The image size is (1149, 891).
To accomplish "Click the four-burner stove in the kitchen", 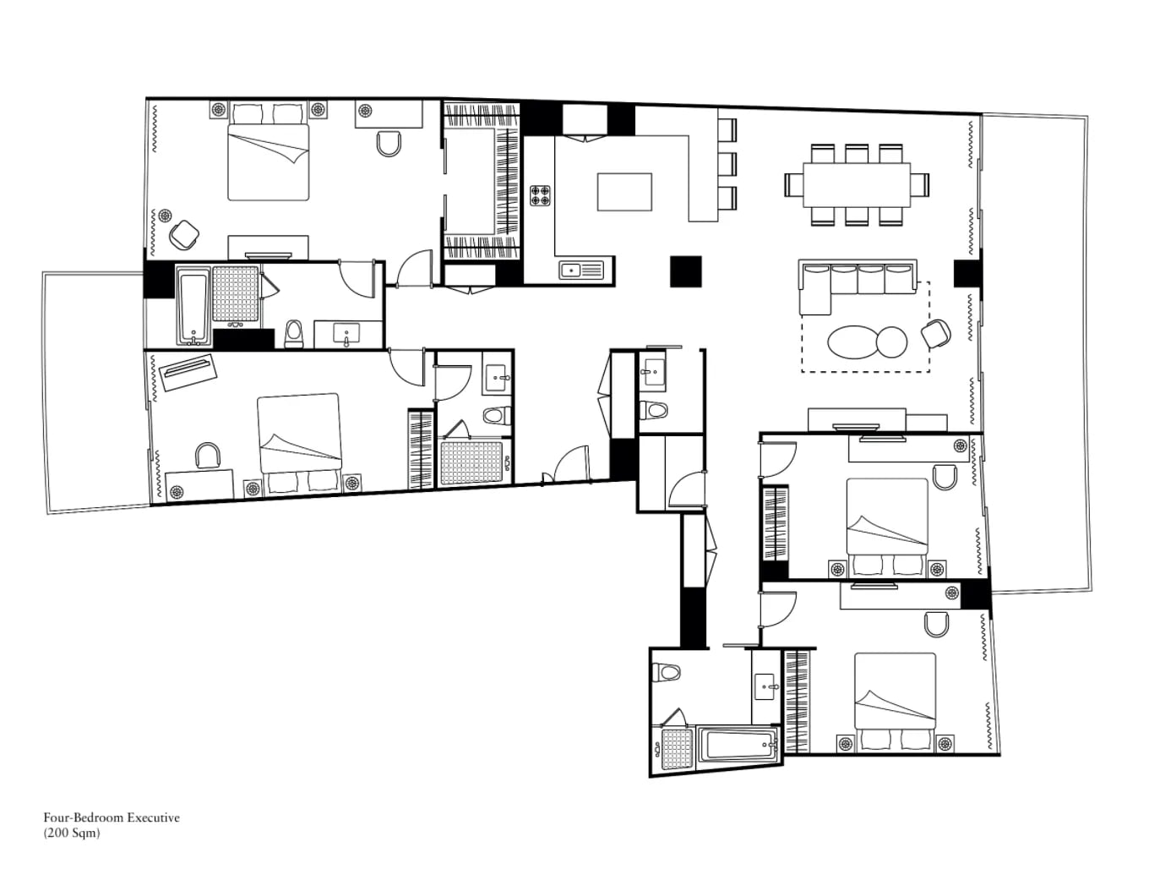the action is [541, 195].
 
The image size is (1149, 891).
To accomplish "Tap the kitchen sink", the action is [581, 270].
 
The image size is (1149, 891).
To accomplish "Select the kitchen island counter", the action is [624, 192].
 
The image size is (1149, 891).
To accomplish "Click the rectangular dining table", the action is [857, 185].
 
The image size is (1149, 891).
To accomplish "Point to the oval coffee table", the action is [852, 342].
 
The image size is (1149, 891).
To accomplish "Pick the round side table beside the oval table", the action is [891, 342].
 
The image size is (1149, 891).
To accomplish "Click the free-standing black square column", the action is [686, 271].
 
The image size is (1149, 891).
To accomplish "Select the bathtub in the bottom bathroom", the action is [738, 745].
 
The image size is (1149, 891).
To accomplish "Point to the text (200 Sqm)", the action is [71, 833].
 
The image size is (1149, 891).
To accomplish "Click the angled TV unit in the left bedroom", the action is [188, 373].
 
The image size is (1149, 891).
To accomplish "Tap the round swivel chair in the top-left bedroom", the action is [184, 234].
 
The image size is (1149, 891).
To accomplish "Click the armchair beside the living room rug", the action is [935, 334].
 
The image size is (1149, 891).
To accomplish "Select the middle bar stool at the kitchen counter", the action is [727, 164].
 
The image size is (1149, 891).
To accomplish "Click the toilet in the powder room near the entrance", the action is [654, 410].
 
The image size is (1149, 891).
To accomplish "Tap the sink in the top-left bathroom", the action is [346, 333].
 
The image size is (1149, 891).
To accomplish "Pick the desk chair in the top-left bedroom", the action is [389, 144].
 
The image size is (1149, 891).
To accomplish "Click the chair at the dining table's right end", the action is [920, 185].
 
